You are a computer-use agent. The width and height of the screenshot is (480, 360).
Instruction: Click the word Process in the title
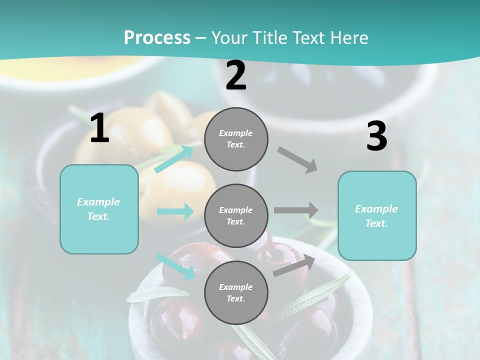(157, 38)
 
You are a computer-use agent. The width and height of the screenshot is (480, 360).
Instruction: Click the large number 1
(99, 128)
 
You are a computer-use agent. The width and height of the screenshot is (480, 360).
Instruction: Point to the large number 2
(236, 75)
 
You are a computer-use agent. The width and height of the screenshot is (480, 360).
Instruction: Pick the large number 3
(376, 136)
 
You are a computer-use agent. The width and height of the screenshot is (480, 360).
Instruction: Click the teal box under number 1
(99, 209)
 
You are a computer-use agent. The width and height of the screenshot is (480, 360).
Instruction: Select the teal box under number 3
(377, 215)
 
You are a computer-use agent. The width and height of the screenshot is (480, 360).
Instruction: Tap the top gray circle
(236, 139)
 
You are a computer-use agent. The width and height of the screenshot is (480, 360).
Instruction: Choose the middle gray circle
(236, 215)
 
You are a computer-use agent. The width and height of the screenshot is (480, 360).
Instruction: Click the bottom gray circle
(236, 292)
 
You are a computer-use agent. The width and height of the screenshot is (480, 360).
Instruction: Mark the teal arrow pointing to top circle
(174, 158)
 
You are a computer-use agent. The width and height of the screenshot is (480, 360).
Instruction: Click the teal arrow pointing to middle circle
(175, 211)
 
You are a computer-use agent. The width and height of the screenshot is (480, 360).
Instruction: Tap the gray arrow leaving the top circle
(297, 160)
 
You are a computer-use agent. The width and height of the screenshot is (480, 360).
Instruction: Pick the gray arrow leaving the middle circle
(295, 210)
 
